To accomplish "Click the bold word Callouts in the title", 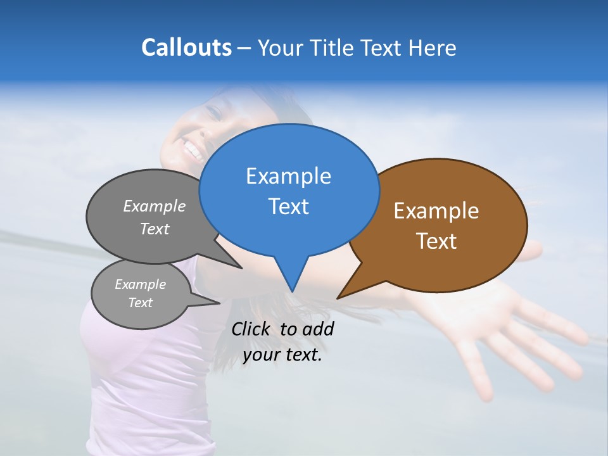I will click(186, 47).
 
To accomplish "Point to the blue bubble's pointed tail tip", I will click(292, 291).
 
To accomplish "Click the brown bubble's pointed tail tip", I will click(338, 298).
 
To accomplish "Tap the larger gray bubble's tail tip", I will click(241, 269).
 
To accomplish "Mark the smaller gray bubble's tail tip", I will click(219, 303).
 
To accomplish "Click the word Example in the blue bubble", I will click(288, 176).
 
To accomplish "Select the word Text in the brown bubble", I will click(436, 241).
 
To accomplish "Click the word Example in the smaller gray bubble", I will click(140, 284).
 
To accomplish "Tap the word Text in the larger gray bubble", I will click(155, 229).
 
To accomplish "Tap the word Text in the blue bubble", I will click(288, 206).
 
